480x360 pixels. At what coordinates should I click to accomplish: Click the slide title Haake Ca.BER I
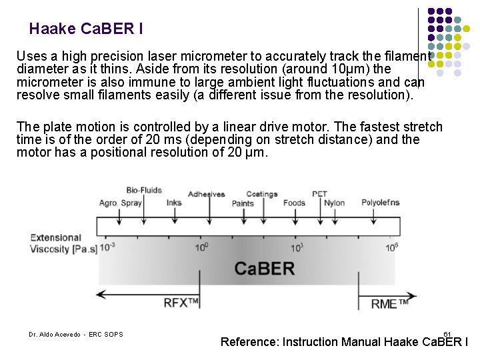click(86, 29)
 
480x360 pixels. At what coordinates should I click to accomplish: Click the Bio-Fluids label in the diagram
click(144, 190)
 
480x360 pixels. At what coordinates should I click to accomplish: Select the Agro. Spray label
click(120, 203)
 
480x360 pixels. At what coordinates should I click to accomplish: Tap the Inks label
click(174, 203)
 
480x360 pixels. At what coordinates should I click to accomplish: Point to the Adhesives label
click(207, 195)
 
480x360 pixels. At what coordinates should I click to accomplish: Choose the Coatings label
click(262, 195)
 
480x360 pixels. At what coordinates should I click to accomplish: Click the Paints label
click(243, 203)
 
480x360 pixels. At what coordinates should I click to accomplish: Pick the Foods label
click(294, 203)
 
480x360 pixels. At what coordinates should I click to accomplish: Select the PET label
click(319, 195)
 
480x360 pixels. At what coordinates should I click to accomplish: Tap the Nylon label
click(335, 203)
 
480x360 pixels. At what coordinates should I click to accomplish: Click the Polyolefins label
click(381, 203)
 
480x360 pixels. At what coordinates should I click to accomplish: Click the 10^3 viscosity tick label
click(297, 247)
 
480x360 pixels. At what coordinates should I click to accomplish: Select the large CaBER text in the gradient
click(265, 269)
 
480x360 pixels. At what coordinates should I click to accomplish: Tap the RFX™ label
click(181, 303)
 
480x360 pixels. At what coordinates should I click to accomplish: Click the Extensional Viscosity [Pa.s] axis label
click(64, 243)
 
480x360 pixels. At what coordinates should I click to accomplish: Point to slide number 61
click(447, 333)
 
